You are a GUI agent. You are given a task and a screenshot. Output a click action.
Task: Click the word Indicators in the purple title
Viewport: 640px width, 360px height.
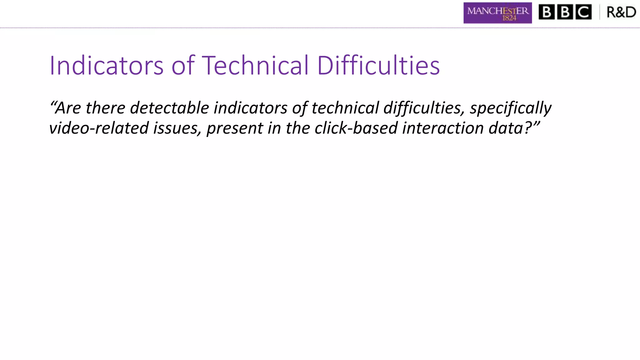coord(106,65)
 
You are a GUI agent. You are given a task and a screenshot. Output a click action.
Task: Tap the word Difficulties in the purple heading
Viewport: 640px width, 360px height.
coord(378,65)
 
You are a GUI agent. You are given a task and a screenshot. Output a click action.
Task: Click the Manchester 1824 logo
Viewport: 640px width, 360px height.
coord(497,13)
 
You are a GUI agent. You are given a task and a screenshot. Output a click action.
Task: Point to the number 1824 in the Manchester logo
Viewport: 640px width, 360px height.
coord(509,18)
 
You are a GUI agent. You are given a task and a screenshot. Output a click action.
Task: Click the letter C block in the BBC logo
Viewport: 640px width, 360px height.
coord(583,12)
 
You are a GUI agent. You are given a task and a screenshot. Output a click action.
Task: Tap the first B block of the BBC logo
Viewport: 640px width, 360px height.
coord(547,12)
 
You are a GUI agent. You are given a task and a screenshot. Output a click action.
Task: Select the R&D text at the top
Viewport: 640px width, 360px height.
coord(621,12)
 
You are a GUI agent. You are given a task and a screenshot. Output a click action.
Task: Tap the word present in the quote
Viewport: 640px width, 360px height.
coord(235,128)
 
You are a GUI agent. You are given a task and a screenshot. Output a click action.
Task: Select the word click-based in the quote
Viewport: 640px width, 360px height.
coord(356,128)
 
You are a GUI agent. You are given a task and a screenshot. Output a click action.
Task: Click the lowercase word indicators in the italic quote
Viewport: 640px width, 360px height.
coord(250,108)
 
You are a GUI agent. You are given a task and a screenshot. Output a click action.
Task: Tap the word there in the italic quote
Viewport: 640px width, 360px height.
coord(105,108)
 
